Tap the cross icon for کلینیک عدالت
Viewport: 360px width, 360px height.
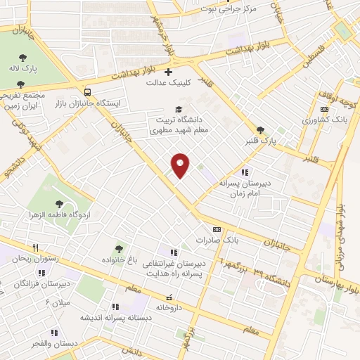pyautogui.click(x=168, y=72)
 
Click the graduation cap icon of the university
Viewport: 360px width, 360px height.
pyautogui.click(x=179, y=109)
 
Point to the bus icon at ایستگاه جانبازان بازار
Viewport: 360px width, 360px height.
pyautogui.click(x=87, y=92)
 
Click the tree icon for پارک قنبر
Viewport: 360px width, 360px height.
pyautogui.click(x=261, y=130)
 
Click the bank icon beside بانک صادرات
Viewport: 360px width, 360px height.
pyautogui.click(x=216, y=229)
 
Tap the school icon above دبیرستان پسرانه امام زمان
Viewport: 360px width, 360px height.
pyautogui.click(x=244, y=172)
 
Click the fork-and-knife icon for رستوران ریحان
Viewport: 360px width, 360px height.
pyautogui.click(x=34, y=247)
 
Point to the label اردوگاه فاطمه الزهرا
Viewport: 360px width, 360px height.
pyautogui.click(x=53, y=212)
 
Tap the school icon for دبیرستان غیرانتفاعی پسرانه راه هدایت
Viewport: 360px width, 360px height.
pyautogui.click(x=174, y=252)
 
